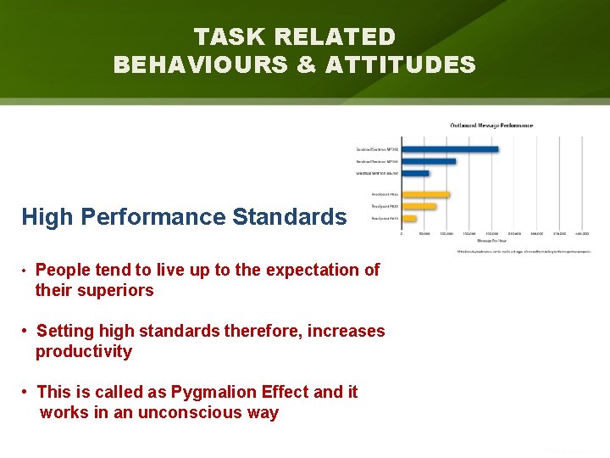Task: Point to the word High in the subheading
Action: [x=48, y=217]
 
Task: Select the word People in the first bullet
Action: [x=64, y=270]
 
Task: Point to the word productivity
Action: [x=84, y=351]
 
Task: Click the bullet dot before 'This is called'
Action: [x=28, y=392]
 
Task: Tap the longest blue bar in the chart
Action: [x=450, y=149]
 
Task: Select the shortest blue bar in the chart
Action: [x=415, y=173]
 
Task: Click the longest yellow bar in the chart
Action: [x=425, y=194]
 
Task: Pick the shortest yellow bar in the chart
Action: [x=409, y=218]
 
